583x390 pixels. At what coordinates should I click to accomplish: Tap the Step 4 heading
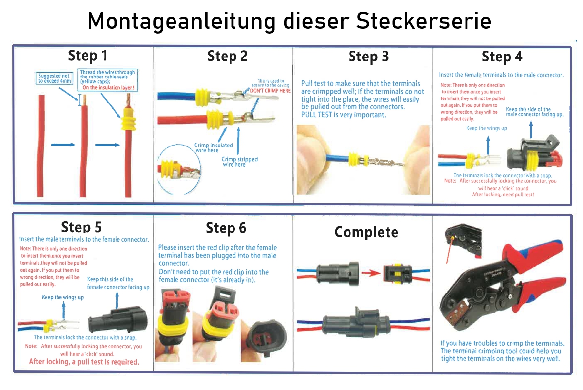[502, 57]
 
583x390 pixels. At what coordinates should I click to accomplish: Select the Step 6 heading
[226, 228]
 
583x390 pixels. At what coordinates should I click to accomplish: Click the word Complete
[366, 232]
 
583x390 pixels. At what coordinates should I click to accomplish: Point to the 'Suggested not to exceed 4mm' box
[55, 78]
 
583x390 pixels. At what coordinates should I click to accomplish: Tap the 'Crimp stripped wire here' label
[239, 162]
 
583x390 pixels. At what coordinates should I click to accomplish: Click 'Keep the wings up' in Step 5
[62, 297]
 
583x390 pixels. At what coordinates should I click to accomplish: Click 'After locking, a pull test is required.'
[84, 362]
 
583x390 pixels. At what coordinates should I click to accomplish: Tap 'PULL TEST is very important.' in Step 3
[343, 115]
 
